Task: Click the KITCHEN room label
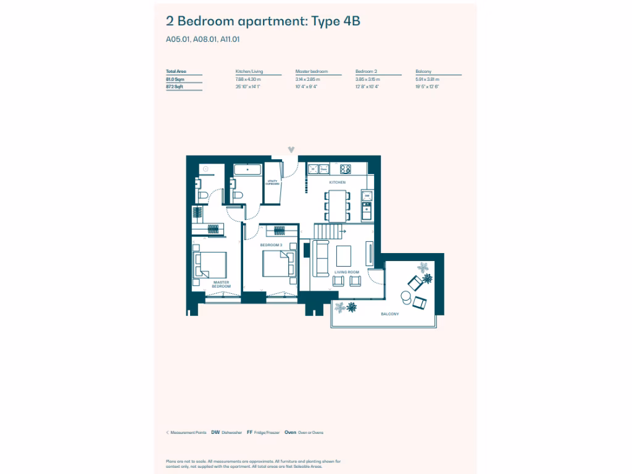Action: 337,183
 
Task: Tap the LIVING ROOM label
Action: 347,272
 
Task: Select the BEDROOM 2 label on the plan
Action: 271,245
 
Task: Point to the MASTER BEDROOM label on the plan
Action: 221,285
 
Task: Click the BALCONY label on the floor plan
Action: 389,314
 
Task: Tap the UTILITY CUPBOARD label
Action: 272,182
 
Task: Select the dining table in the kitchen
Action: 337,206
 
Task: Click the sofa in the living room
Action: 320,258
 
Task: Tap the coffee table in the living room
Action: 343,256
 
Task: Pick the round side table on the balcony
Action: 405,298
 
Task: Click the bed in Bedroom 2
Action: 277,266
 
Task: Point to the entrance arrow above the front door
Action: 292,150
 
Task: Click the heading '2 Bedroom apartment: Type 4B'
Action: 263,22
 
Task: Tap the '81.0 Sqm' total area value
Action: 175,80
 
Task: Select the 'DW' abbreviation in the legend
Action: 215,433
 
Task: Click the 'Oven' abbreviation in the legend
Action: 290,433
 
